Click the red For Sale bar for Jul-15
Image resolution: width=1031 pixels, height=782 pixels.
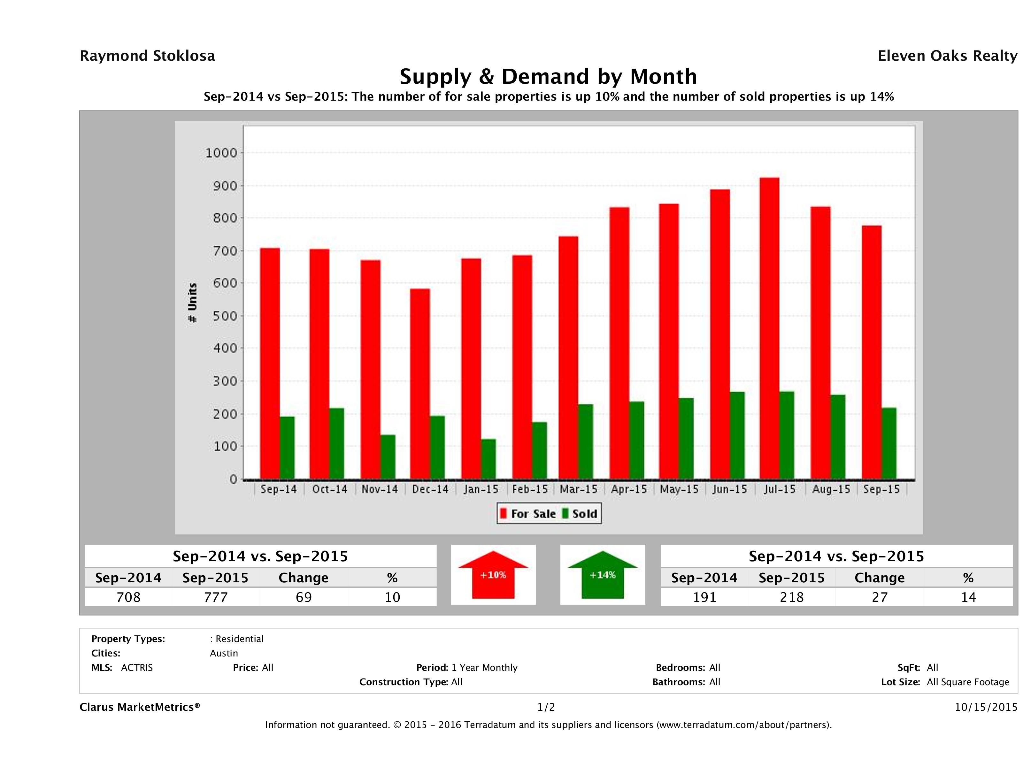[x=769, y=329]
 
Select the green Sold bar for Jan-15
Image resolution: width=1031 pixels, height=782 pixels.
[x=489, y=459]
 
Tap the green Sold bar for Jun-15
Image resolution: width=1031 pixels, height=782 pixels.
[x=737, y=435]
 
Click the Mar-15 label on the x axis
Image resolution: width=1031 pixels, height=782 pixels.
[x=578, y=489]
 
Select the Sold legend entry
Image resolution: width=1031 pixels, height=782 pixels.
[x=580, y=514]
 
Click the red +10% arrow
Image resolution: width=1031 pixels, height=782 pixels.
[x=493, y=575]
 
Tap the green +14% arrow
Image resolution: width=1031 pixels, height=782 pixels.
[x=603, y=575]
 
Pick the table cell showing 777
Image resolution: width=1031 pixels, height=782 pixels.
[x=215, y=597]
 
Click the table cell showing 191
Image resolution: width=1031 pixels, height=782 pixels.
[x=704, y=597]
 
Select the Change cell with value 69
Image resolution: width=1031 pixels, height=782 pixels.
[x=304, y=597]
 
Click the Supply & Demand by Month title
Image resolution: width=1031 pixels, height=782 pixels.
[x=548, y=76]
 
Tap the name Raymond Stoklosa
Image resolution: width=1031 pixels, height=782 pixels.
[x=147, y=56]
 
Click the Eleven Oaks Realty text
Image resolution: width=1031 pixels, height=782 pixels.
[x=947, y=56]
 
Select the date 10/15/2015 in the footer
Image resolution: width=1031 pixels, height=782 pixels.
[x=986, y=707]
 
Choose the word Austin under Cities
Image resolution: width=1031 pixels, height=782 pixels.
[x=224, y=653]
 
